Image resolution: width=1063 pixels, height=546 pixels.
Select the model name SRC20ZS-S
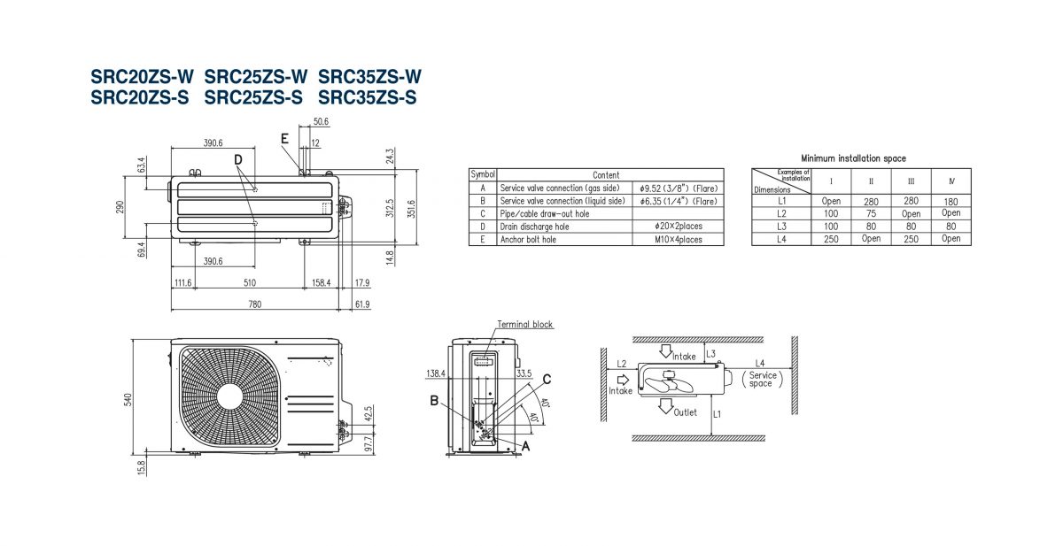click(140, 97)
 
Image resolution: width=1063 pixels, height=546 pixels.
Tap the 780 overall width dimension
click(254, 304)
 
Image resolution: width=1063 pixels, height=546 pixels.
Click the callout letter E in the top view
click(284, 139)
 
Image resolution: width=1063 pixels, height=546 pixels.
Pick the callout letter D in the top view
click(238, 159)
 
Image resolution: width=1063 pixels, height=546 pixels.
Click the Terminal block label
click(524, 325)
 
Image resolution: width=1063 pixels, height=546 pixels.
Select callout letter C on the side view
click(547, 380)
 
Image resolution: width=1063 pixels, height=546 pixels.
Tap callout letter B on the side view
click(434, 401)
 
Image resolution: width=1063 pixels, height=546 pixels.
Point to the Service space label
click(761, 380)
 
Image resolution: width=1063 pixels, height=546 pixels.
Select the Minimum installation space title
click(853, 158)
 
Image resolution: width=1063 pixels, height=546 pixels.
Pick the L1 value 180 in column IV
click(950, 201)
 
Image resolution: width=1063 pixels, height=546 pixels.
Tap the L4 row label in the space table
click(781, 238)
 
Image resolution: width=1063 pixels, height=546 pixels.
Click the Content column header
click(606, 175)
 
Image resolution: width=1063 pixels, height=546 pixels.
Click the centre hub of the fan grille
click(230, 395)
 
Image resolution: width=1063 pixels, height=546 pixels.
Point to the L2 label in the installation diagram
click(622, 364)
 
